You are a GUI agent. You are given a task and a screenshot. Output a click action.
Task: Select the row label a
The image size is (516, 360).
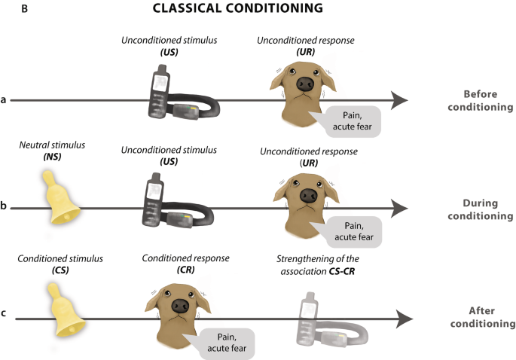[5, 99]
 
